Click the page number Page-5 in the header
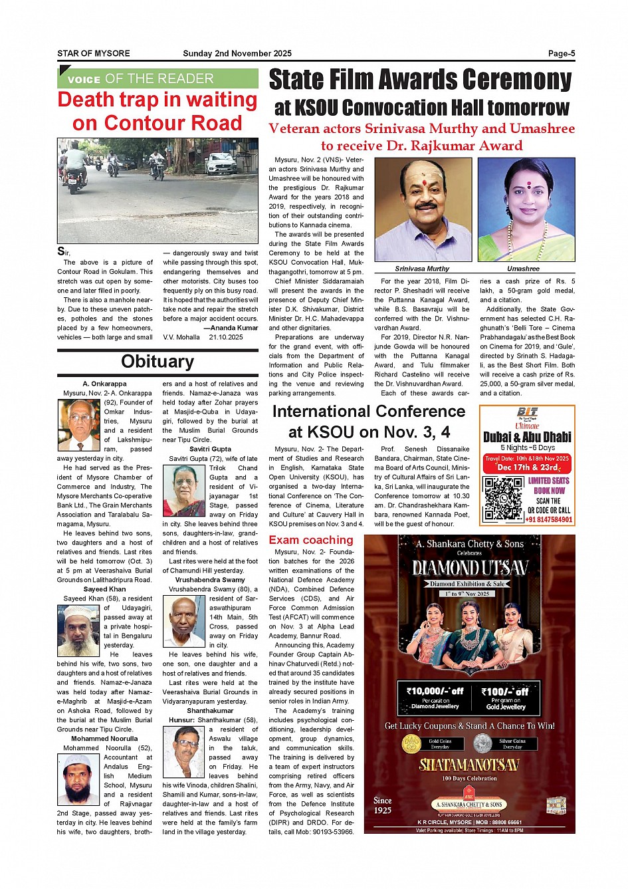click(x=561, y=54)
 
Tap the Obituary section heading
click(x=157, y=362)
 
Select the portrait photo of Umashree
click(x=526, y=210)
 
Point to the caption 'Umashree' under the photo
click(x=523, y=269)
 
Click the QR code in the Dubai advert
click(x=503, y=498)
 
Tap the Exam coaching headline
click(x=311, y=540)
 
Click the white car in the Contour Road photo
click(x=221, y=163)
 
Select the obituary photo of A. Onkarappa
click(x=79, y=426)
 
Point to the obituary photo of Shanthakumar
click(x=184, y=752)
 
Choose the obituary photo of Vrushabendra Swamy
click(x=184, y=622)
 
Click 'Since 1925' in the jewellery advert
click(x=383, y=805)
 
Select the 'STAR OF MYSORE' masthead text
click(x=94, y=54)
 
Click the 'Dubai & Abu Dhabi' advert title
click(x=527, y=437)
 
